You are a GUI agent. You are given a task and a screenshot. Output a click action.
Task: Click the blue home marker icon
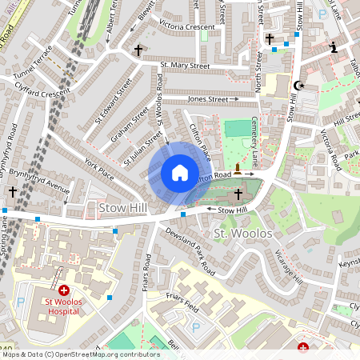point(180,173)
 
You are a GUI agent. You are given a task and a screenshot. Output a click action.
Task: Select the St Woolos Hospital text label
point(63,306)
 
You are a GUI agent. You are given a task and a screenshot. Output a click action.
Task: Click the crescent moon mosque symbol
point(301,86)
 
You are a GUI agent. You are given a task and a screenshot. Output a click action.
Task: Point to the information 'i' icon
point(334,48)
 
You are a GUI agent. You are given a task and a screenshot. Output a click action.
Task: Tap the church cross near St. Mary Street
point(138,50)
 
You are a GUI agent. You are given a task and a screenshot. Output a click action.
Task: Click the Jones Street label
point(207,99)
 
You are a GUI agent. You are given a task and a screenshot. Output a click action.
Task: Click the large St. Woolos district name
point(244,234)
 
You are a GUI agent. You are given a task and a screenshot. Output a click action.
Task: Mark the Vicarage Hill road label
point(290,276)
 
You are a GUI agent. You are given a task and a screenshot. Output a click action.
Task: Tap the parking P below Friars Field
point(195,327)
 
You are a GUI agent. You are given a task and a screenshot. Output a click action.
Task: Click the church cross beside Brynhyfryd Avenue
point(13,192)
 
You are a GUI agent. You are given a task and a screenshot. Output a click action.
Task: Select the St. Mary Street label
point(184,66)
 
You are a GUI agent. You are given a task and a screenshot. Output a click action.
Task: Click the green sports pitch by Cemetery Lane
point(238,128)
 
